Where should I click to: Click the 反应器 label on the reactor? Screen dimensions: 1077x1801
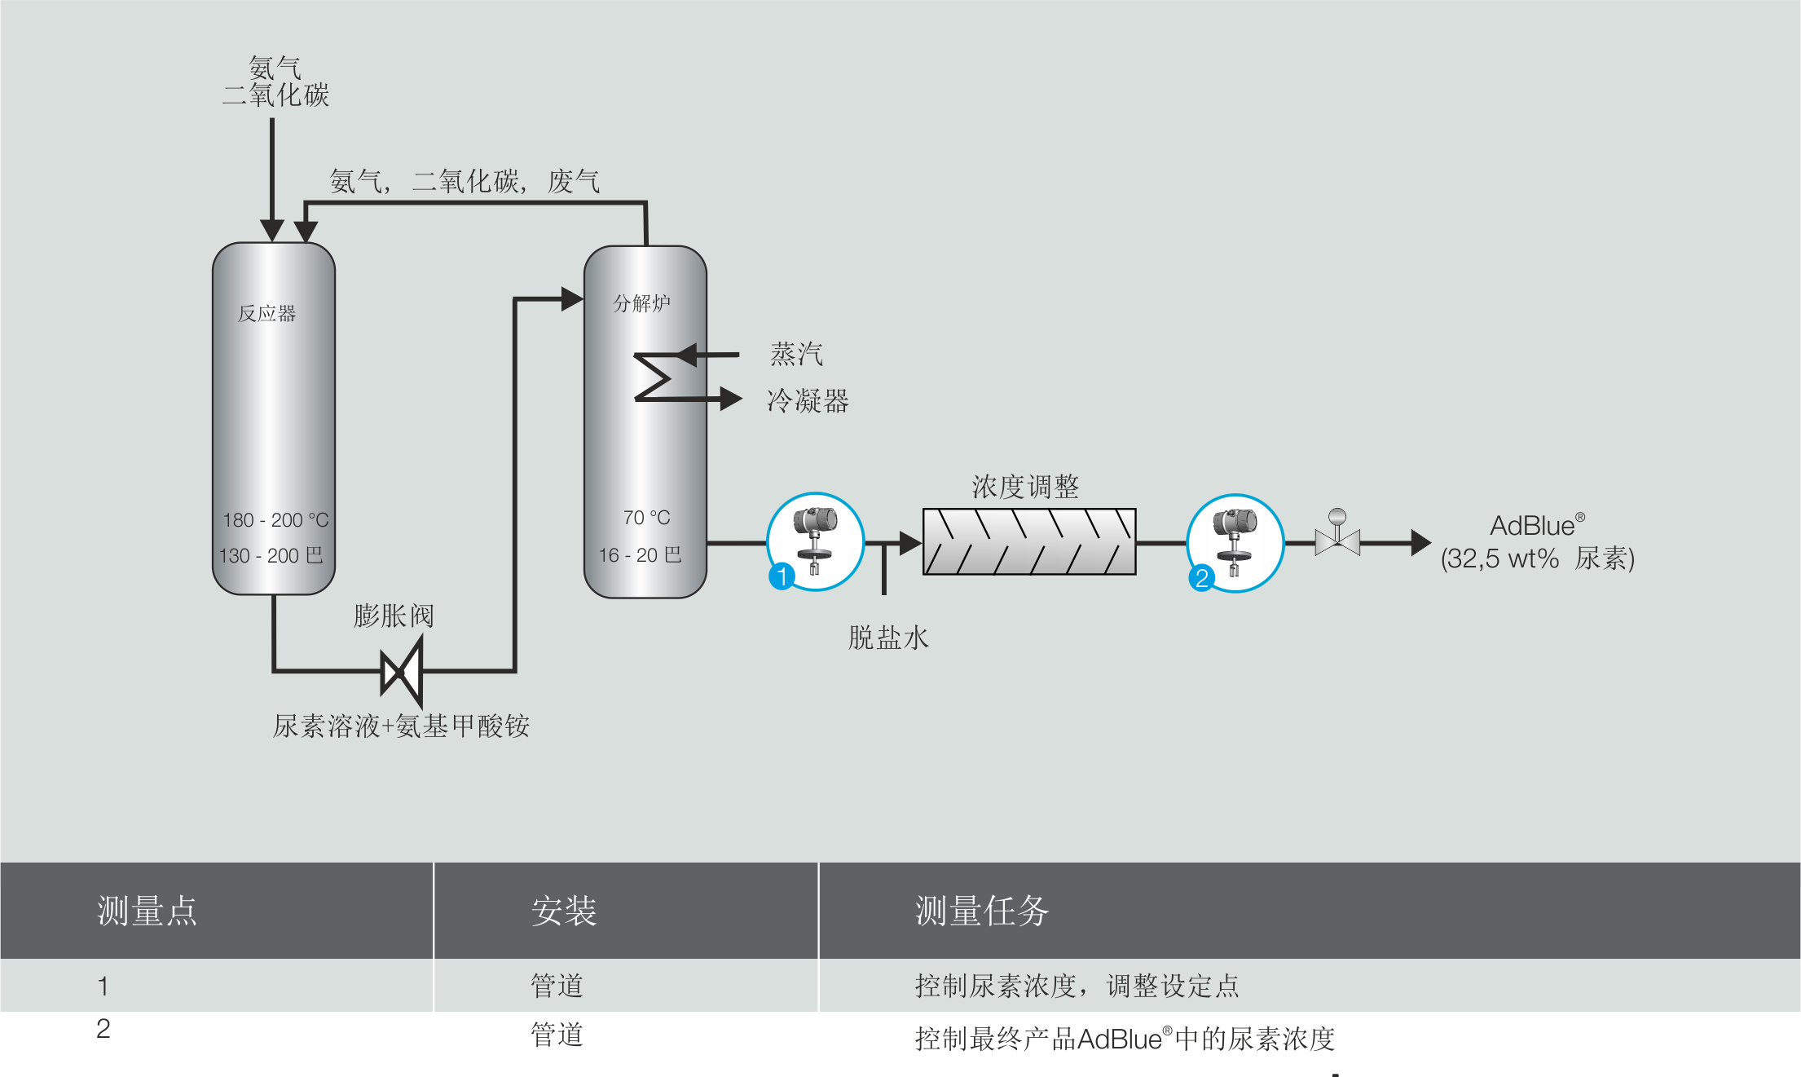(266, 314)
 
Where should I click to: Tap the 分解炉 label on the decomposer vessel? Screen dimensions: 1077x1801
(641, 303)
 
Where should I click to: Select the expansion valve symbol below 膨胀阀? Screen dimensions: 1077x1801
(402, 673)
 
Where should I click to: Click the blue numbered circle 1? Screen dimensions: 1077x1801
(782, 576)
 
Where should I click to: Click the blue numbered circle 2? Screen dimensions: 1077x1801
(1201, 578)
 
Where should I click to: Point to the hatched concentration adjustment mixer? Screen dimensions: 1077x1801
(1028, 542)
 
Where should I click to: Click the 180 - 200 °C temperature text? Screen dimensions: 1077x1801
(275, 520)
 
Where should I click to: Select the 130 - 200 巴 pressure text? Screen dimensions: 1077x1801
(271, 556)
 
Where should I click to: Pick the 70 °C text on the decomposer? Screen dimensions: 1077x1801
(646, 518)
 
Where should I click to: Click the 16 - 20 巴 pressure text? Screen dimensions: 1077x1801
(640, 555)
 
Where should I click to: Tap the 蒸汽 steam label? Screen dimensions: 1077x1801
(796, 355)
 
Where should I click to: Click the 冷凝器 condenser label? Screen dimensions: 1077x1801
(808, 401)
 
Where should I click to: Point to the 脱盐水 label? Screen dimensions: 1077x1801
(888, 638)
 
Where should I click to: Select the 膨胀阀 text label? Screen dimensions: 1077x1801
(394, 616)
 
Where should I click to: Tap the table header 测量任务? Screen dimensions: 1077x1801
(981, 911)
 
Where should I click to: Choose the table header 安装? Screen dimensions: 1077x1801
(564, 911)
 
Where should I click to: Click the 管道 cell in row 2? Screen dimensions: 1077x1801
(557, 1035)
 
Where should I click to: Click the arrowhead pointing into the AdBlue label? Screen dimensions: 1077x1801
(1420, 542)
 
